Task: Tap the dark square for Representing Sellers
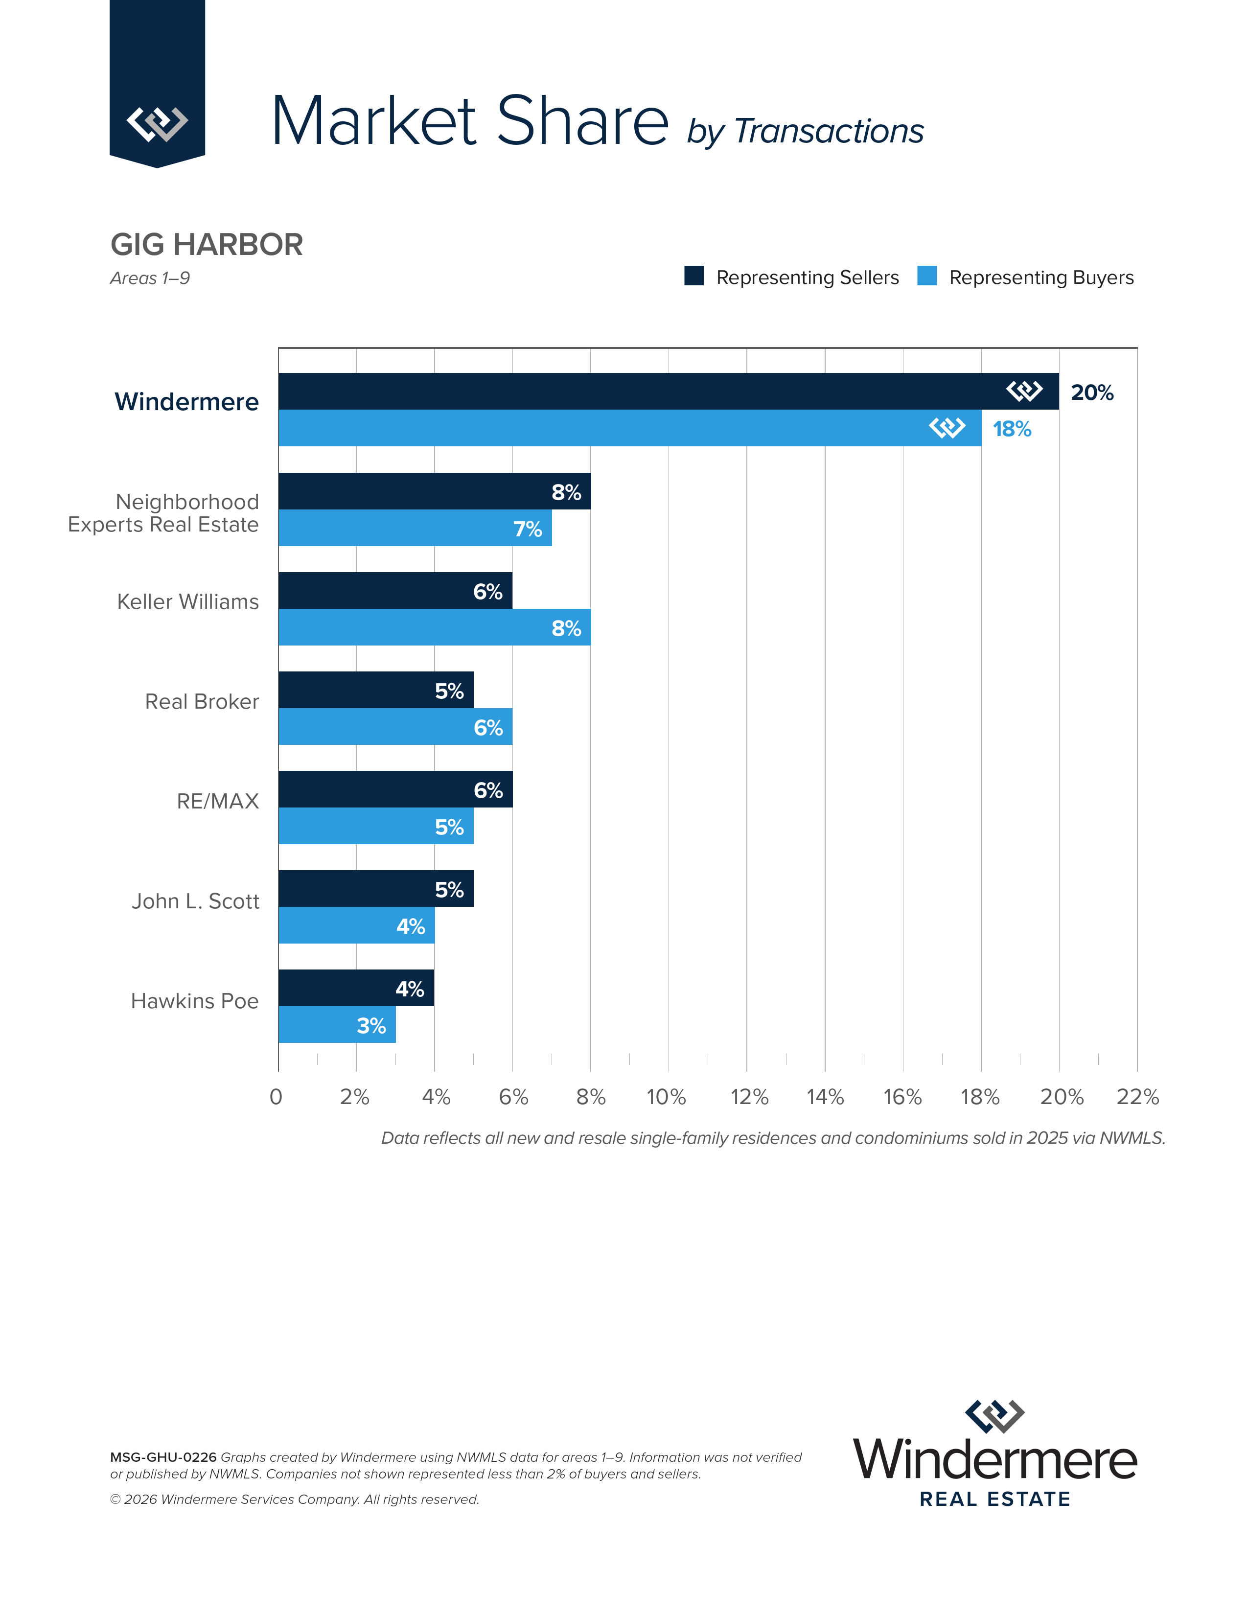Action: pos(693,276)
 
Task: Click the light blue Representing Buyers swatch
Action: pos(926,276)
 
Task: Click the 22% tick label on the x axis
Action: pos(1137,1097)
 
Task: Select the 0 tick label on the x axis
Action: pos(276,1097)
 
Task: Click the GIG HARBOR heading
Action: pos(206,245)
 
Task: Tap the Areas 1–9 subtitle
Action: pos(150,278)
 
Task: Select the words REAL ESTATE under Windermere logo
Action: pos(994,1499)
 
